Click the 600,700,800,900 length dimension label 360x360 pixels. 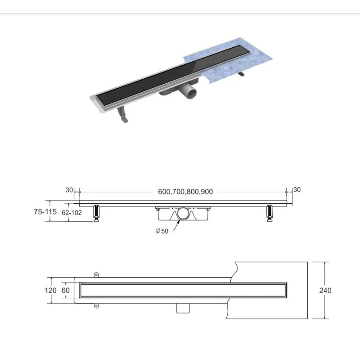coord(185,192)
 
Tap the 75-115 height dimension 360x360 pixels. coord(45,211)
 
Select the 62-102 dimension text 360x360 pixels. coord(72,212)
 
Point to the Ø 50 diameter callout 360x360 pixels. coord(162,231)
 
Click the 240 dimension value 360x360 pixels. coord(325,290)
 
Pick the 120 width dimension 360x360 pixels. coord(50,290)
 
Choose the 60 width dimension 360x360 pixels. coord(65,290)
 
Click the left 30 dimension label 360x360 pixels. coord(69,190)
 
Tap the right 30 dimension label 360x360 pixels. coord(297,189)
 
